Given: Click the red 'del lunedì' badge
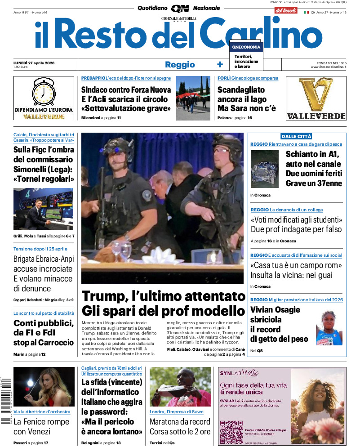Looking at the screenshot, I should pyautogui.click(x=286, y=10).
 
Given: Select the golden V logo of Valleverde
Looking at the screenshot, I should pyautogui.click(x=316, y=95).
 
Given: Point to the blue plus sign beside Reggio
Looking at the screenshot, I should pyautogui.click(x=220, y=64).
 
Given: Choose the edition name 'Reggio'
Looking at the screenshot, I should pyautogui.click(x=180, y=64).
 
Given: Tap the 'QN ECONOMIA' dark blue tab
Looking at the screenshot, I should pyautogui.click(x=246, y=47).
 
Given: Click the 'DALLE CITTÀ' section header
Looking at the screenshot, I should pyautogui.click(x=296, y=136).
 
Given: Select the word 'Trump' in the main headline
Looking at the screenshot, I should pyautogui.click(x=104, y=296).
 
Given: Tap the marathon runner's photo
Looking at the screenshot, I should pyautogui.click(x=180, y=387).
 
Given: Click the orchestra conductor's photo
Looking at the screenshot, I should pyautogui.click(x=44, y=387).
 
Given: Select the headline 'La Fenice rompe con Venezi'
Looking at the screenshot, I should pyautogui.click(x=41, y=426).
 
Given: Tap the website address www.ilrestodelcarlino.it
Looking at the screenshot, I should pyautogui.click(x=328, y=67).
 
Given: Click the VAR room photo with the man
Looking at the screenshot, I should pyautogui.click(x=44, y=209).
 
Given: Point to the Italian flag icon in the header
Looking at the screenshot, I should pyautogui.click(x=307, y=12).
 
